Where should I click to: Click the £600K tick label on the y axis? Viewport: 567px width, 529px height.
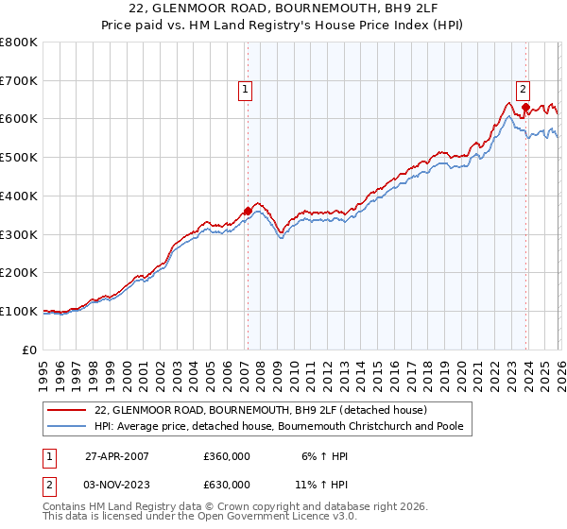click(19, 119)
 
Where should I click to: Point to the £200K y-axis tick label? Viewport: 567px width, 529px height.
click(19, 272)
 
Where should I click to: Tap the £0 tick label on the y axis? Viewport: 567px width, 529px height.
click(30, 350)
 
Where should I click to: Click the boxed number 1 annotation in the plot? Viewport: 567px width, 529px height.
click(245, 90)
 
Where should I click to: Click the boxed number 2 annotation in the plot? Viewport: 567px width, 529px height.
click(523, 90)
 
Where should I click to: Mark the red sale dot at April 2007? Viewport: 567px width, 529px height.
click(248, 211)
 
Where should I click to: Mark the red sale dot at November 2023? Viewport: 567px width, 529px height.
click(525, 107)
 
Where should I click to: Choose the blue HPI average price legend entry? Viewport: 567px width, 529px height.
click(279, 427)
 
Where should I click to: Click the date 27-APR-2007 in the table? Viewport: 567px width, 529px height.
click(117, 456)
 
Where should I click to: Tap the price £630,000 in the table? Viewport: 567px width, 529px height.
click(227, 485)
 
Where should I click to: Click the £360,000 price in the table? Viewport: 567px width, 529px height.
click(227, 456)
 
